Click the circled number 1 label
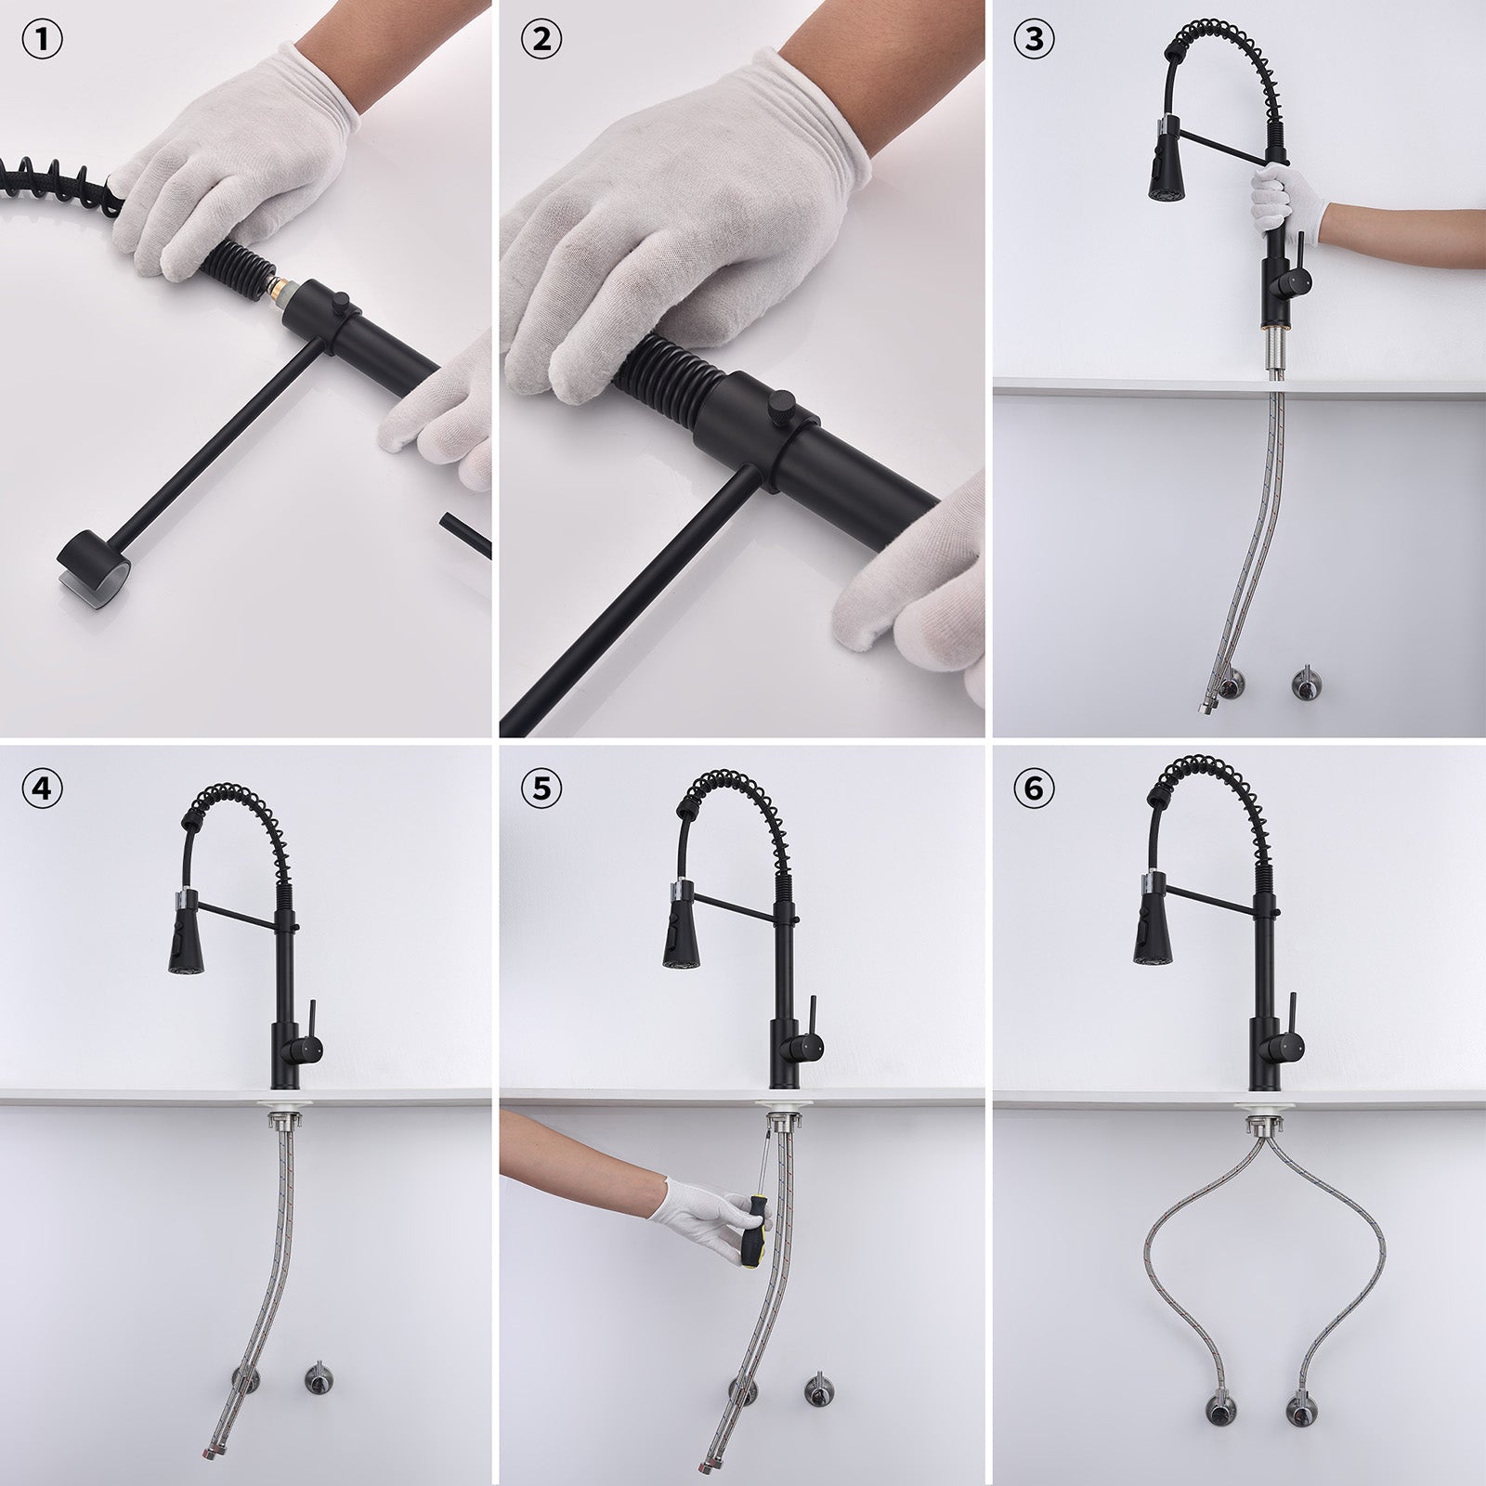[44, 43]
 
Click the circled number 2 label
[541, 43]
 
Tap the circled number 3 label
[1035, 43]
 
